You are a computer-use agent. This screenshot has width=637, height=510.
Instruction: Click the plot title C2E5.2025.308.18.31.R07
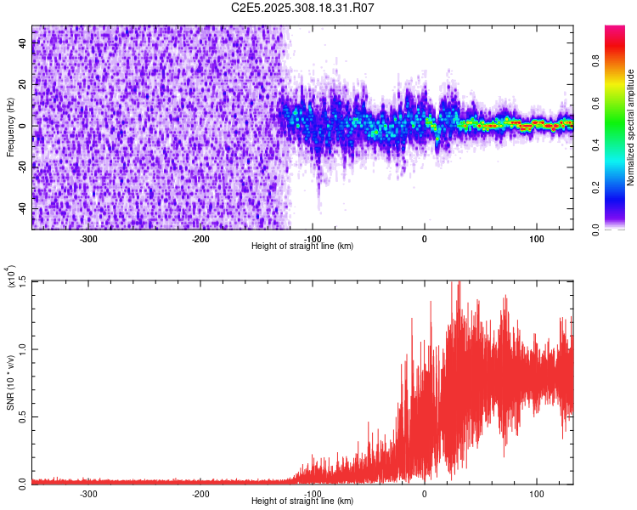point(302,8)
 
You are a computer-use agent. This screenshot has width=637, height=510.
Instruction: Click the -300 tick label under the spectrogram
point(88,239)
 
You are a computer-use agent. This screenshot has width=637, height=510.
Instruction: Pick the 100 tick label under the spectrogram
point(536,239)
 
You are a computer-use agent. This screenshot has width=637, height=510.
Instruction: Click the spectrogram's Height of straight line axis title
point(302,246)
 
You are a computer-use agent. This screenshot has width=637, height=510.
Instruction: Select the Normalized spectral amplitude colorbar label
point(631,127)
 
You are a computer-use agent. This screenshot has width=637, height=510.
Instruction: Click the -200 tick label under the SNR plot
point(200,493)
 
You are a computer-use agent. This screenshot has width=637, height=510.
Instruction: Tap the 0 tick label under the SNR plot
point(425,493)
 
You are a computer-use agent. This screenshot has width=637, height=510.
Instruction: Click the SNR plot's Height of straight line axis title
point(302,501)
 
